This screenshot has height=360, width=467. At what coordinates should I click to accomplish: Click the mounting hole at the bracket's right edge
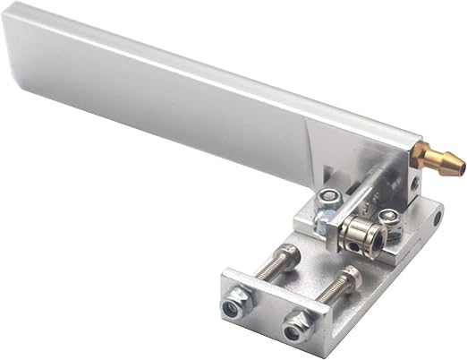click(436, 218)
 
